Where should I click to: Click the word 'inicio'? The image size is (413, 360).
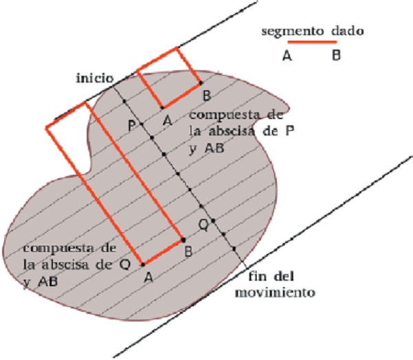[x=94, y=78]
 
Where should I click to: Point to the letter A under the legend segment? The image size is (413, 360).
[x=286, y=56]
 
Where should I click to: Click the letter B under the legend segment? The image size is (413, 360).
[x=336, y=56]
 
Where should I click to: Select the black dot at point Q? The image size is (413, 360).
[x=213, y=220]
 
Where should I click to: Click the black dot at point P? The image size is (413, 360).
[x=142, y=124]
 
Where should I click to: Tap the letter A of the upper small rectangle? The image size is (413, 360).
[x=166, y=120]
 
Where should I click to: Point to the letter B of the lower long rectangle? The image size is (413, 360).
[x=187, y=252]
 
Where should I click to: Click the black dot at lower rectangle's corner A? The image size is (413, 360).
[x=142, y=264]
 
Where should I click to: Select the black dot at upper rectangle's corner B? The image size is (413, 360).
[x=201, y=83]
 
